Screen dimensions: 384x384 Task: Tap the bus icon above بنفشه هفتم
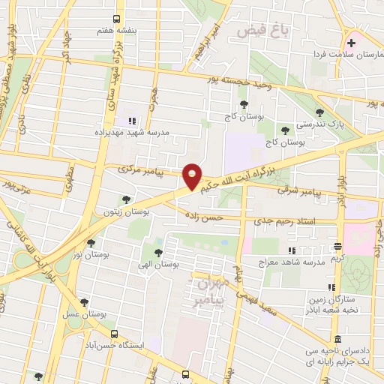point(115,19)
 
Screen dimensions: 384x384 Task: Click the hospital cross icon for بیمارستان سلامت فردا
point(351,42)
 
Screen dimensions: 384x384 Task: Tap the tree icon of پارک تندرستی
point(319,113)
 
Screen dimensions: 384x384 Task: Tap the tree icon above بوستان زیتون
point(125,199)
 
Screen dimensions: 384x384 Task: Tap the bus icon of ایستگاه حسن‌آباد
point(114,334)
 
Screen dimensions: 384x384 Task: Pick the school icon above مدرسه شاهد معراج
point(293,250)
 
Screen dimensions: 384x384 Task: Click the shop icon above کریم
point(337,246)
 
